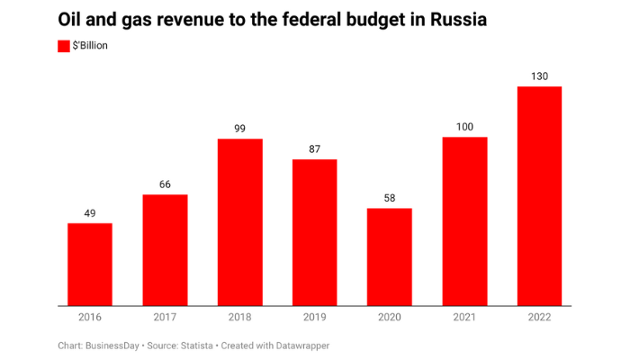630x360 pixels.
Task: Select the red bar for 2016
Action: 90,265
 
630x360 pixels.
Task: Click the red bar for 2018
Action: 239,222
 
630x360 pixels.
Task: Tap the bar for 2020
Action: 389,257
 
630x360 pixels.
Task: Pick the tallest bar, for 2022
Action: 539,196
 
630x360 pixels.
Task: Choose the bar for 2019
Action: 314,232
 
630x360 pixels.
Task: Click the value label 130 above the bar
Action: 539,76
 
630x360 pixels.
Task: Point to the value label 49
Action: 90,212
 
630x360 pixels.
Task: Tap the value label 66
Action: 165,184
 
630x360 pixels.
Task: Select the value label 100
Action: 464,127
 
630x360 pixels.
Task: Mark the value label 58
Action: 389,198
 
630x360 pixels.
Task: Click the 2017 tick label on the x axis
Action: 165,317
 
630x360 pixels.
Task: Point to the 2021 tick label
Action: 464,317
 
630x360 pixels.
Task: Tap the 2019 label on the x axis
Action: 314,317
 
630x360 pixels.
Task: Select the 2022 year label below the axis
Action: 539,317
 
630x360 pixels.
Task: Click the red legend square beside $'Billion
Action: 63,46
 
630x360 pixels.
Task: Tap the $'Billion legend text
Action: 90,46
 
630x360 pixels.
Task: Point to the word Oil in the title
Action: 71,19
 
